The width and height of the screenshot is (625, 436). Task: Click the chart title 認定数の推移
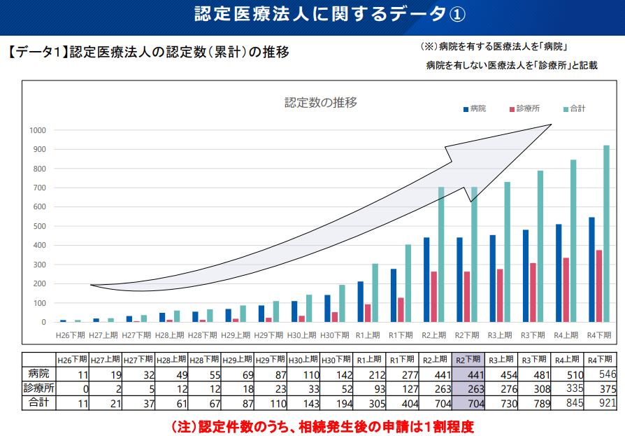[321, 103]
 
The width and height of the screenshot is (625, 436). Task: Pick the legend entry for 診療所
[522, 108]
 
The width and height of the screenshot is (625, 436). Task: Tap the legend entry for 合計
[573, 108]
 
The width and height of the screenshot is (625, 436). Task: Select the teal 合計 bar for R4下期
[606, 234]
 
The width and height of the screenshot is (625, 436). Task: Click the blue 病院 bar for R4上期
[559, 273]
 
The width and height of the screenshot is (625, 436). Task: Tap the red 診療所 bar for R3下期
[533, 293]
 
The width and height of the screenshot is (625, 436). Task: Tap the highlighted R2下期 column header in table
[468, 360]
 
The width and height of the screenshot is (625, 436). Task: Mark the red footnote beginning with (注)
[323, 426]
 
